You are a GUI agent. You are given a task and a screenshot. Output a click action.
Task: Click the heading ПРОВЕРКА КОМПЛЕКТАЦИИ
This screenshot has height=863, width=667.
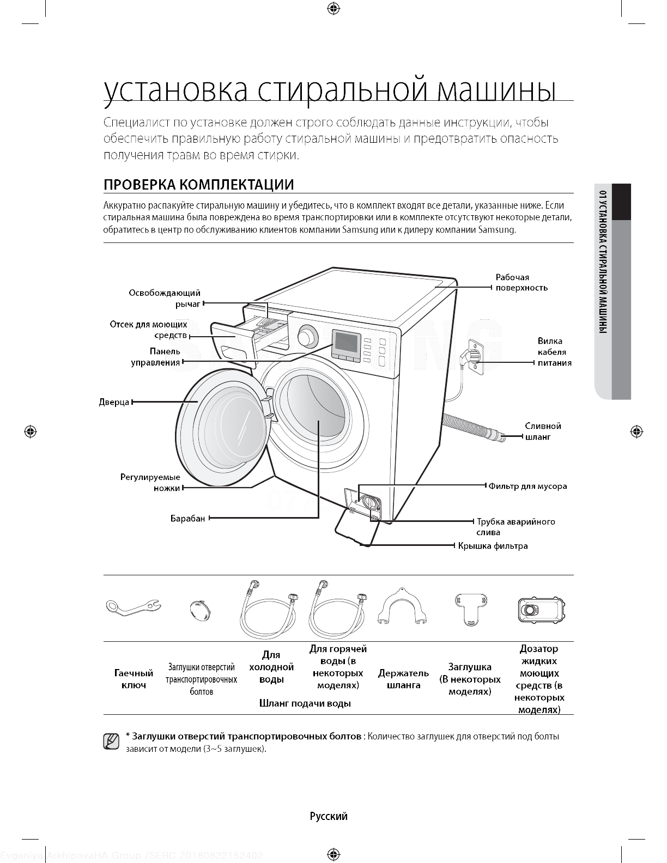point(199,185)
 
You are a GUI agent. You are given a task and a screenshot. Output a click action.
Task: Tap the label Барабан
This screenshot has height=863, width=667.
point(187,518)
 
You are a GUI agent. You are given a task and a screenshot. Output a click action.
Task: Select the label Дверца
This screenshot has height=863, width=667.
point(114,402)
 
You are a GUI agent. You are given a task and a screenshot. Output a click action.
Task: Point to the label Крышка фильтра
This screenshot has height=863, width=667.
point(493,546)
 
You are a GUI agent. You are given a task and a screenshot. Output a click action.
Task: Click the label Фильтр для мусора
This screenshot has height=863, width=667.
point(527,486)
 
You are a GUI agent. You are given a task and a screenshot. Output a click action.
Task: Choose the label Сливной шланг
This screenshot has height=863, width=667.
point(543,431)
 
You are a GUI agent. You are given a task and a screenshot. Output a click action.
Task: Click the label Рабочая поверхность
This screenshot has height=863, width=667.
point(521,282)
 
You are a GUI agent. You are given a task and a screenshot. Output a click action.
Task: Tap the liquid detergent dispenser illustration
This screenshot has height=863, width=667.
point(541,610)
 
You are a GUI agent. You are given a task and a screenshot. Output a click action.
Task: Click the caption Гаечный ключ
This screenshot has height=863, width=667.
point(134,679)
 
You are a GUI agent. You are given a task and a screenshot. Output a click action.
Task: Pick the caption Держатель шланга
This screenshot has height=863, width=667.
point(403,679)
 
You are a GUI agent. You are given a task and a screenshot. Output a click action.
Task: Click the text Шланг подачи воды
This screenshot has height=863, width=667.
point(305,703)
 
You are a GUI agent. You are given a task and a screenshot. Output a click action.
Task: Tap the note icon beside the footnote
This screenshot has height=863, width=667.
point(111,741)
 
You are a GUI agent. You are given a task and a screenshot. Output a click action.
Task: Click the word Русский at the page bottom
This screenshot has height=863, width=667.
point(329,816)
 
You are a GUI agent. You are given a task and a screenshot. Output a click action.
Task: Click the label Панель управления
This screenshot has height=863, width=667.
point(156,357)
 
